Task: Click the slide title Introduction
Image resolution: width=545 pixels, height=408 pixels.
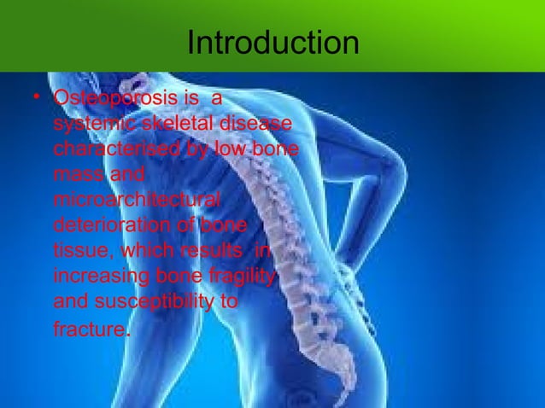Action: tap(272, 42)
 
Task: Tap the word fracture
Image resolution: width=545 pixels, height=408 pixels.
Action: tap(89, 329)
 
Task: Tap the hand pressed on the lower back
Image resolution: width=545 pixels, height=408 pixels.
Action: tap(350, 273)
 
